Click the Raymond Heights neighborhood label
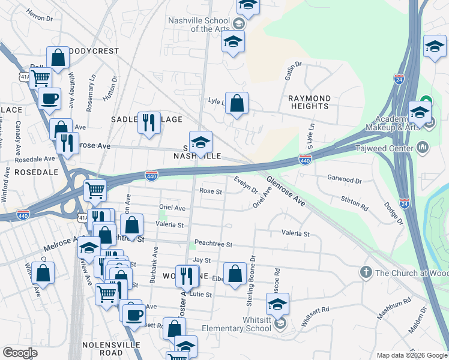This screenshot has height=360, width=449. tap(309, 102)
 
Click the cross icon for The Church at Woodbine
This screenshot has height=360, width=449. tap(366, 273)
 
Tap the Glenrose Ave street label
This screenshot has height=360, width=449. tap(286, 191)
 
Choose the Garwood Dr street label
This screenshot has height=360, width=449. tap(345, 179)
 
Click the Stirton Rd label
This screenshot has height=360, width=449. tap(354, 203)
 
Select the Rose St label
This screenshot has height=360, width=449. tap(211, 192)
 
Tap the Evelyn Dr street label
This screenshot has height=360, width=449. tap(246, 185)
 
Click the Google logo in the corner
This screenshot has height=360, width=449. tap(20, 353)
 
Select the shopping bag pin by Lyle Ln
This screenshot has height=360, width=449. tap(237, 103)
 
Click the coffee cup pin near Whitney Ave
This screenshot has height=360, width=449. tap(49, 99)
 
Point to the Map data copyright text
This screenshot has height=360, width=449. tap(412, 355)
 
